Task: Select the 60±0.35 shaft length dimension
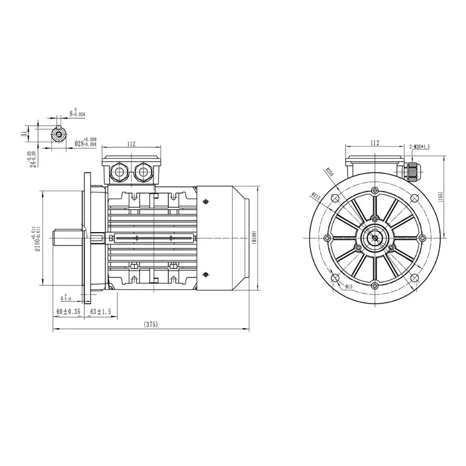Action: (68, 312)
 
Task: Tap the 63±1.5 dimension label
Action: (100, 312)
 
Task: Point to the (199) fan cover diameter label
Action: (254, 238)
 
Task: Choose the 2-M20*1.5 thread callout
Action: (419, 146)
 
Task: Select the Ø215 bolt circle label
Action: (317, 196)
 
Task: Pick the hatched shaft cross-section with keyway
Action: (58, 135)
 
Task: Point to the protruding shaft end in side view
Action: (68, 238)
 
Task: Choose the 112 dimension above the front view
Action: (375, 143)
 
